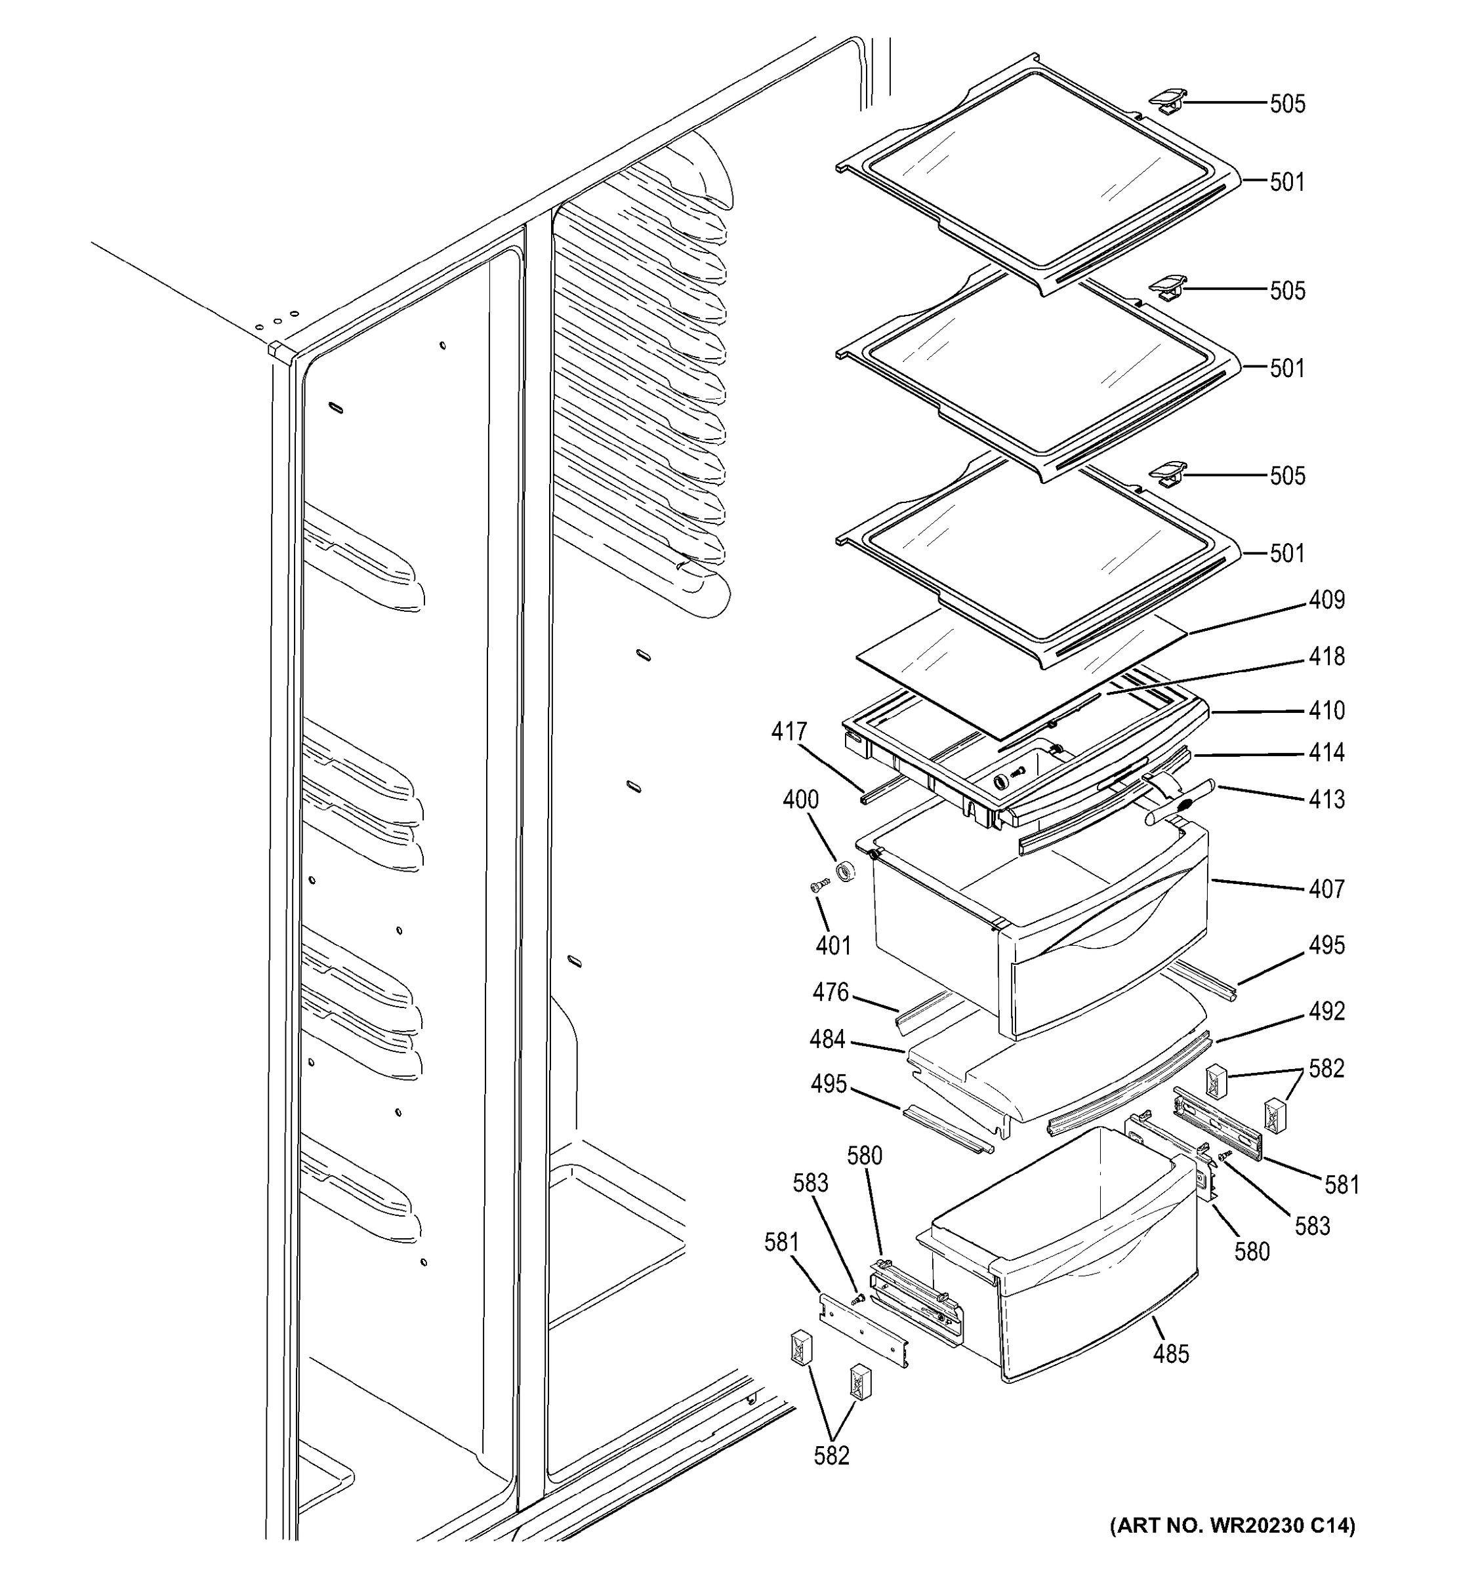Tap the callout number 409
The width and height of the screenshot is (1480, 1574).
pyautogui.click(x=1326, y=600)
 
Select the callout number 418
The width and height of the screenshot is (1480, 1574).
pyautogui.click(x=1326, y=656)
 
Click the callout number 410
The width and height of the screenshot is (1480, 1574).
pyautogui.click(x=1326, y=710)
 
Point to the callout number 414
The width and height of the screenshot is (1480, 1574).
pyautogui.click(x=1326, y=752)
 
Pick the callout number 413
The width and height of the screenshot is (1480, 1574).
pyautogui.click(x=1326, y=799)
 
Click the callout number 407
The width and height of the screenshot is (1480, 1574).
pyautogui.click(x=1326, y=889)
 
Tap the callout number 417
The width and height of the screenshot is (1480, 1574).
pyautogui.click(x=789, y=731)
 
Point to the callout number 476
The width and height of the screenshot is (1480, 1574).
pyautogui.click(x=831, y=993)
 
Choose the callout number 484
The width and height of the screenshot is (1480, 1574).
pyautogui.click(x=827, y=1039)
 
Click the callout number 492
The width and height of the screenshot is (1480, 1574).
pyautogui.click(x=1326, y=1011)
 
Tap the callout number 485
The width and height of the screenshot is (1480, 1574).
pyautogui.click(x=1170, y=1354)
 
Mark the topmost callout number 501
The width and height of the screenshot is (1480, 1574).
pyautogui.click(x=1286, y=182)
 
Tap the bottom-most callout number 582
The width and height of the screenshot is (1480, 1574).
pyautogui.click(x=831, y=1455)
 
